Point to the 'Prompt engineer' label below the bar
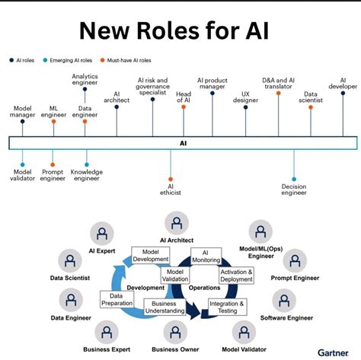point(53,176)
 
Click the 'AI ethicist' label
point(171,187)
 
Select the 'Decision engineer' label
point(294,189)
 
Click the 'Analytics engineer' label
point(85,80)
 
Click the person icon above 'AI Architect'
point(177,223)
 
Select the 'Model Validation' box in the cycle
point(176,276)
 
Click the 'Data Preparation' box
point(116,300)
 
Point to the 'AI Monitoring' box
point(205,256)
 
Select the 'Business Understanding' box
point(165,308)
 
